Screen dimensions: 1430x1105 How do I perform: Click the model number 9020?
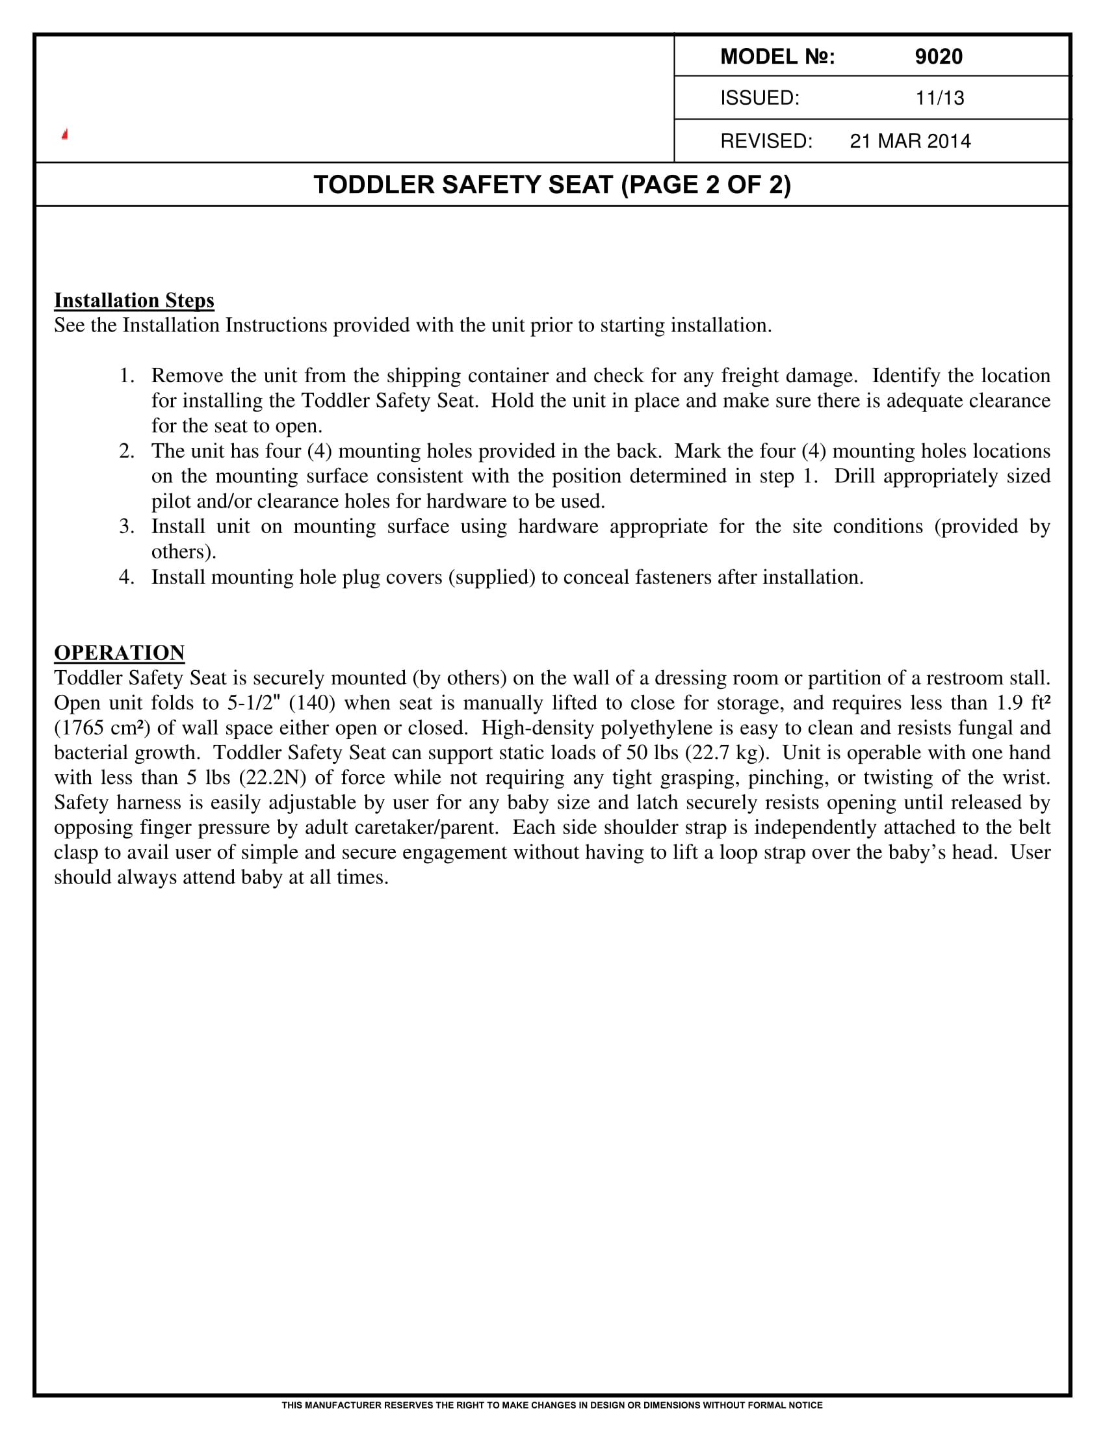click(x=938, y=57)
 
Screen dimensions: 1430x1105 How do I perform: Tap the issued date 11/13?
click(x=939, y=98)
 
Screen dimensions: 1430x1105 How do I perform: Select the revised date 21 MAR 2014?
click(x=910, y=142)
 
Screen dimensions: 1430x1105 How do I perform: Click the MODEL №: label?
click(x=777, y=57)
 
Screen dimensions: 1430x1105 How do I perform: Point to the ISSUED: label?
click(x=759, y=98)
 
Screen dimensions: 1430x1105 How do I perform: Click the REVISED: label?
click(x=766, y=142)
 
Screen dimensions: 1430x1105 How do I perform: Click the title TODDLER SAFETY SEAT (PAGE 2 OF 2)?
click(x=552, y=185)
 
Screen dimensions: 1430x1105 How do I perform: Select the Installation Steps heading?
click(x=134, y=300)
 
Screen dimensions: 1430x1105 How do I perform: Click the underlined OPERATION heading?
click(x=119, y=653)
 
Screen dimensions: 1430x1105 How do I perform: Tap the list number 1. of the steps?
click(x=127, y=376)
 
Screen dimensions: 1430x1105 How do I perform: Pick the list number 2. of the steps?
click(x=127, y=451)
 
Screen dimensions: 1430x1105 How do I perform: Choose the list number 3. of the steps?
click(x=127, y=526)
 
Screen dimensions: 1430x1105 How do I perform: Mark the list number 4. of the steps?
click(x=127, y=577)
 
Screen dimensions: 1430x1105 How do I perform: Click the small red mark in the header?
click(x=65, y=135)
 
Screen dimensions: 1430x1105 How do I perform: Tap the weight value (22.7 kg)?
click(x=725, y=753)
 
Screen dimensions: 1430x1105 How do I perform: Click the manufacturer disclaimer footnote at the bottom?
click(x=552, y=1406)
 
